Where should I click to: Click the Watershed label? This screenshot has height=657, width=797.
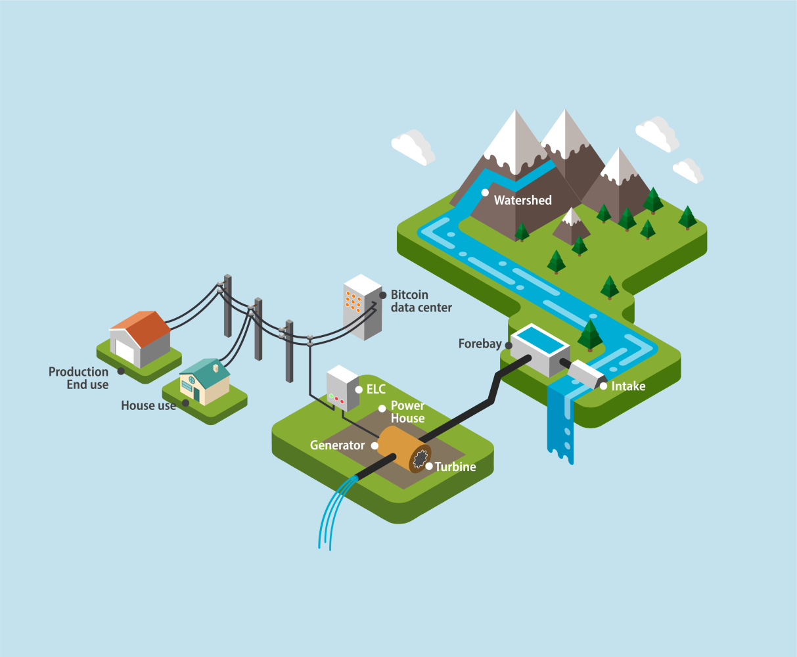click(x=522, y=200)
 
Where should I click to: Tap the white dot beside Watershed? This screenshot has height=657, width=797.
click(x=485, y=193)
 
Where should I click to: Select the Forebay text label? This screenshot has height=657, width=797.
click(x=480, y=344)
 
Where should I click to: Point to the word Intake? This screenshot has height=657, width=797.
click(x=628, y=386)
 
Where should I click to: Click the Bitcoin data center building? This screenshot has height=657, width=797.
click(x=362, y=307)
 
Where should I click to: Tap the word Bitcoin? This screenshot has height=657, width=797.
click(x=409, y=294)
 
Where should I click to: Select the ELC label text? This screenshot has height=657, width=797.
click(x=376, y=390)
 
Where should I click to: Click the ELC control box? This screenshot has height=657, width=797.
click(x=341, y=389)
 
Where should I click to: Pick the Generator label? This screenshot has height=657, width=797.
click(x=337, y=445)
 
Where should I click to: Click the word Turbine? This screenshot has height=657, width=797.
click(x=455, y=467)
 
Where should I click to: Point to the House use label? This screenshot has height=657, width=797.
click(x=148, y=406)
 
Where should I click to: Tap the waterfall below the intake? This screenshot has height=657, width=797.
click(x=560, y=420)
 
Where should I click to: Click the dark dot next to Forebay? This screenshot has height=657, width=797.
click(x=508, y=344)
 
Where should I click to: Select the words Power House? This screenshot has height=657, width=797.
click(x=407, y=412)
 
